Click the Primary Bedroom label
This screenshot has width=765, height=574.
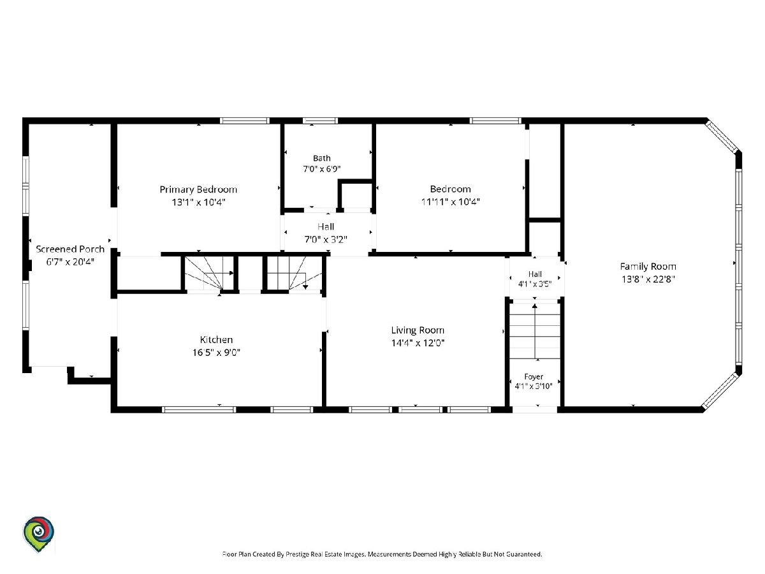point(198,190)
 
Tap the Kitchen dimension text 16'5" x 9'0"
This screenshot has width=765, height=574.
point(216,352)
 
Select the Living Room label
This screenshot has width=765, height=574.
point(418,330)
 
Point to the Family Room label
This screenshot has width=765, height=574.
point(648,267)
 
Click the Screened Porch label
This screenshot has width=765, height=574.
point(70,249)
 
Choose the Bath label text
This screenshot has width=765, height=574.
point(322,158)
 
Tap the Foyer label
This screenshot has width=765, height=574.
point(534,377)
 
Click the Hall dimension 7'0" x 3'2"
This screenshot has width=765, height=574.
point(326,239)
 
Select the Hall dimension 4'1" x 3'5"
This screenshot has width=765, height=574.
point(535,284)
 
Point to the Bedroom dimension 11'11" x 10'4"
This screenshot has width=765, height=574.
point(450,202)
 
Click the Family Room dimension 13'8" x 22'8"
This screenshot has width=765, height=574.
point(648,279)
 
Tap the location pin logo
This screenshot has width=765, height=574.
point(38,534)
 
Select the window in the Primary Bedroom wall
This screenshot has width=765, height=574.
point(245,121)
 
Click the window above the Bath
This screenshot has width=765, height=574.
point(320,121)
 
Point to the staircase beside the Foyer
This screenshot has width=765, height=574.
point(535,331)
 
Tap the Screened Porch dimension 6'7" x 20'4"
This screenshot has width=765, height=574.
point(70,261)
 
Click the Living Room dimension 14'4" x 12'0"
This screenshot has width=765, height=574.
point(418,343)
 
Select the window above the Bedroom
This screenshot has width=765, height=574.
point(495,121)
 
